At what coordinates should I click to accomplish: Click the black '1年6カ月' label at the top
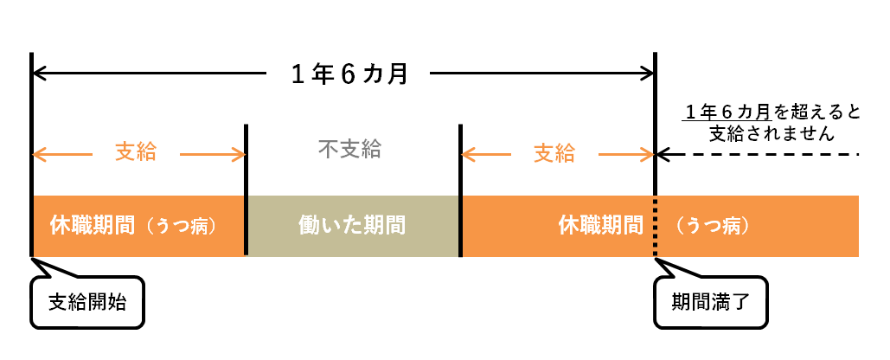(x=349, y=74)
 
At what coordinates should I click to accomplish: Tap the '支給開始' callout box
(x=87, y=302)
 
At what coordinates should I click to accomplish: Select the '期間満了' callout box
(x=711, y=302)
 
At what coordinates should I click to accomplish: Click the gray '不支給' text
(x=349, y=150)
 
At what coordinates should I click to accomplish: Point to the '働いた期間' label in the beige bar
(x=352, y=226)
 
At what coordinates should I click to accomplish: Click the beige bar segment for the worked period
(x=353, y=226)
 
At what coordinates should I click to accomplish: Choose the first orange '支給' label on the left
(x=136, y=152)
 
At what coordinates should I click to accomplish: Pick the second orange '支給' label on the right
(x=554, y=153)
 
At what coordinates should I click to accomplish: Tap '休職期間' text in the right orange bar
(x=600, y=225)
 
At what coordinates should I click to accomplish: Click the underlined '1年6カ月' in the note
(x=727, y=112)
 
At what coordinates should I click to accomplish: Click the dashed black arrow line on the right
(x=757, y=154)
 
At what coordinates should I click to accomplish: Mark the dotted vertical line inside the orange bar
(x=656, y=227)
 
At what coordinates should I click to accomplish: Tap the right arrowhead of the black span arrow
(x=648, y=74)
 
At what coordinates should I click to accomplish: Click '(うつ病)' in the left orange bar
(x=179, y=226)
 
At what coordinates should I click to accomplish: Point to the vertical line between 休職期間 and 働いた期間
(x=246, y=190)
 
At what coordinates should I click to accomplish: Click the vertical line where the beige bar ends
(x=460, y=190)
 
